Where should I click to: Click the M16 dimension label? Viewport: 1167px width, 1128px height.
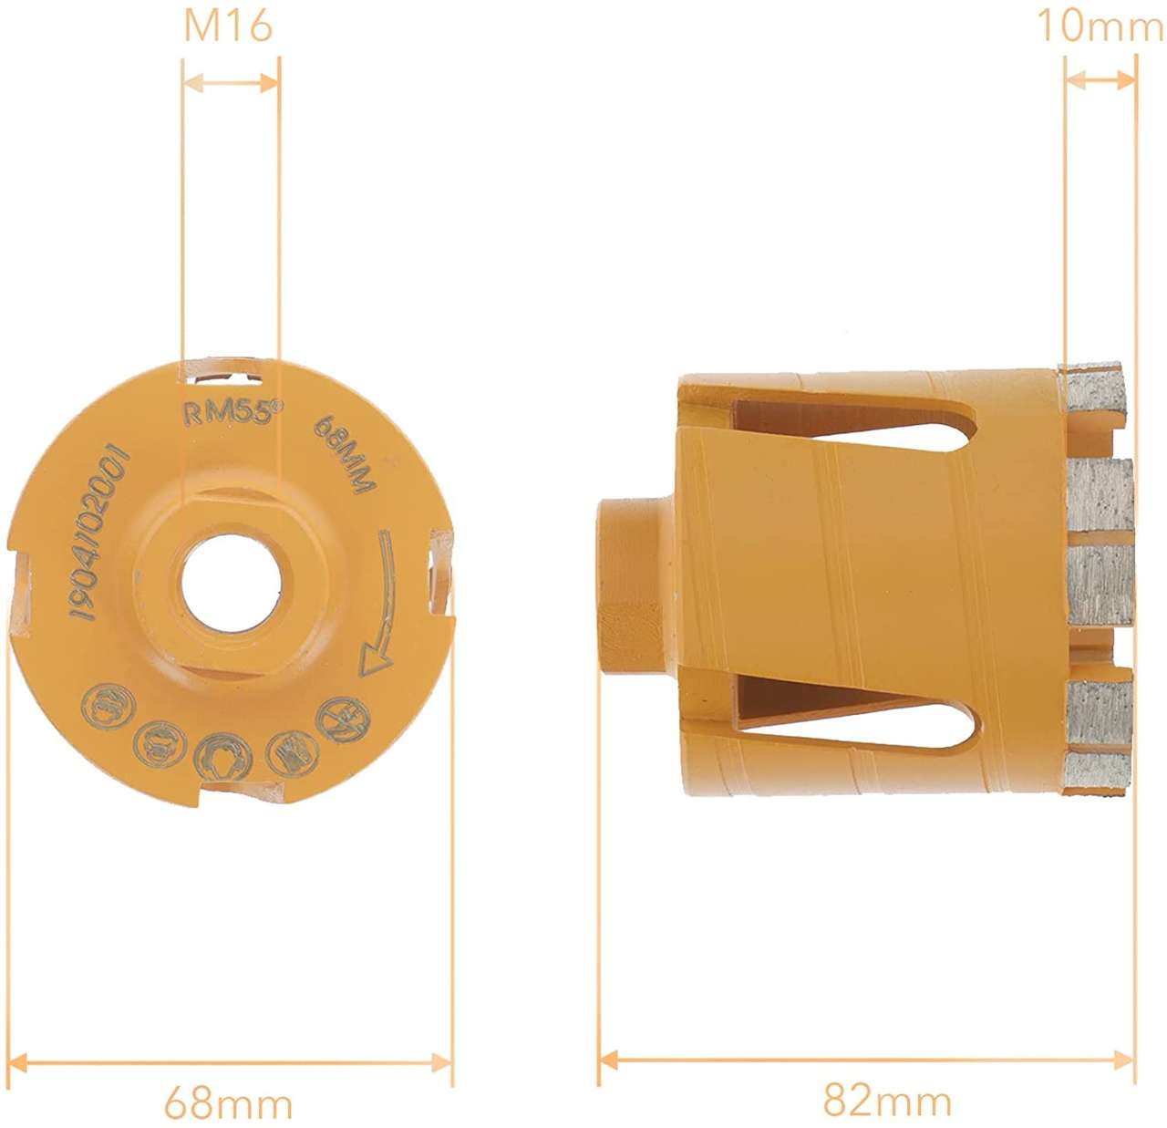pos(228,26)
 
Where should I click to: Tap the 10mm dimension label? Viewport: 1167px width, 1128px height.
pos(1100,26)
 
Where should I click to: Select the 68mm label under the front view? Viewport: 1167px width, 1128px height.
pos(228,1103)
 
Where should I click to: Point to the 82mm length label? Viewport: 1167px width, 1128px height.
pos(887,1101)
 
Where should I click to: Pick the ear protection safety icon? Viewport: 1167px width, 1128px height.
pos(222,756)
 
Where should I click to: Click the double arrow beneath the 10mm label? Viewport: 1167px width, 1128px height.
pos(1100,80)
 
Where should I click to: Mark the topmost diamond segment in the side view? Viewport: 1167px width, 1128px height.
pos(1093,391)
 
